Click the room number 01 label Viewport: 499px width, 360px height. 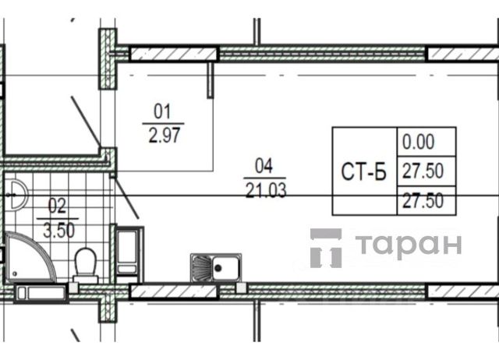coord(162,111)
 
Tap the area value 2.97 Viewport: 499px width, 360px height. coord(165,135)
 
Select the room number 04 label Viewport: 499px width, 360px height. coord(264,166)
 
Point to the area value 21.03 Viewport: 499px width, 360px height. coord(266,190)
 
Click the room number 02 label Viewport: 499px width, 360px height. coord(57,206)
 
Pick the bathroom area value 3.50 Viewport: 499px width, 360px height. coord(59,231)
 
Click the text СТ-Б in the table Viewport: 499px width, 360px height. coord(364,171)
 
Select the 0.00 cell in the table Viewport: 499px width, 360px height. coord(418,142)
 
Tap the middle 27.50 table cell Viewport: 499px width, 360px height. coord(423,171)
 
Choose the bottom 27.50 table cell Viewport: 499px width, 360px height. coord(423,201)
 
